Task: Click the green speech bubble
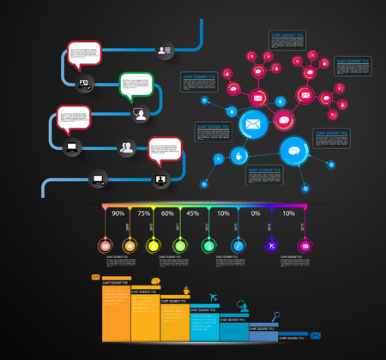(136, 87)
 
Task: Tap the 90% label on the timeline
(119, 213)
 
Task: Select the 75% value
(144, 213)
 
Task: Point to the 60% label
(168, 213)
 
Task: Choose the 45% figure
(192, 213)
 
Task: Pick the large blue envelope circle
(253, 125)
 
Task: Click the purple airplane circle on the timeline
(272, 246)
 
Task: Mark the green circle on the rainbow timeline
(180, 246)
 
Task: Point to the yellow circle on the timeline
(154, 246)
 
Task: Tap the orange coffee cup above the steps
(155, 281)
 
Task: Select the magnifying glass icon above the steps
(276, 316)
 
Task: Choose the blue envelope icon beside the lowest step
(315, 335)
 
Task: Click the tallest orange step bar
(116, 313)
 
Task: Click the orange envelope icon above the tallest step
(95, 277)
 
